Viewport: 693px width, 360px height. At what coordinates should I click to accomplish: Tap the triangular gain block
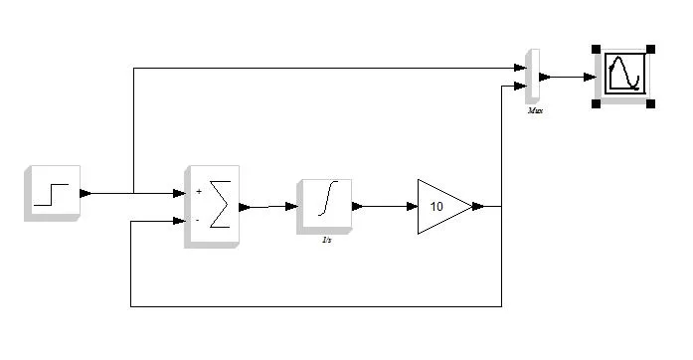(x=441, y=206)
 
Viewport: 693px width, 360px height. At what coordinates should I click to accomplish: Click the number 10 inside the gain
(x=436, y=207)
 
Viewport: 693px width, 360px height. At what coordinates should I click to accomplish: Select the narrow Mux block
(x=533, y=76)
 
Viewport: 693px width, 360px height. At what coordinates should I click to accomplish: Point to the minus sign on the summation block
(x=198, y=220)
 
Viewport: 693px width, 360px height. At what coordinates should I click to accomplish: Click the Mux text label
(x=535, y=111)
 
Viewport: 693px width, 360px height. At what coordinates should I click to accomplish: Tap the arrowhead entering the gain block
(x=411, y=207)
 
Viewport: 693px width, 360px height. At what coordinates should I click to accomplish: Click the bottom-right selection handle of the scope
(x=651, y=102)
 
